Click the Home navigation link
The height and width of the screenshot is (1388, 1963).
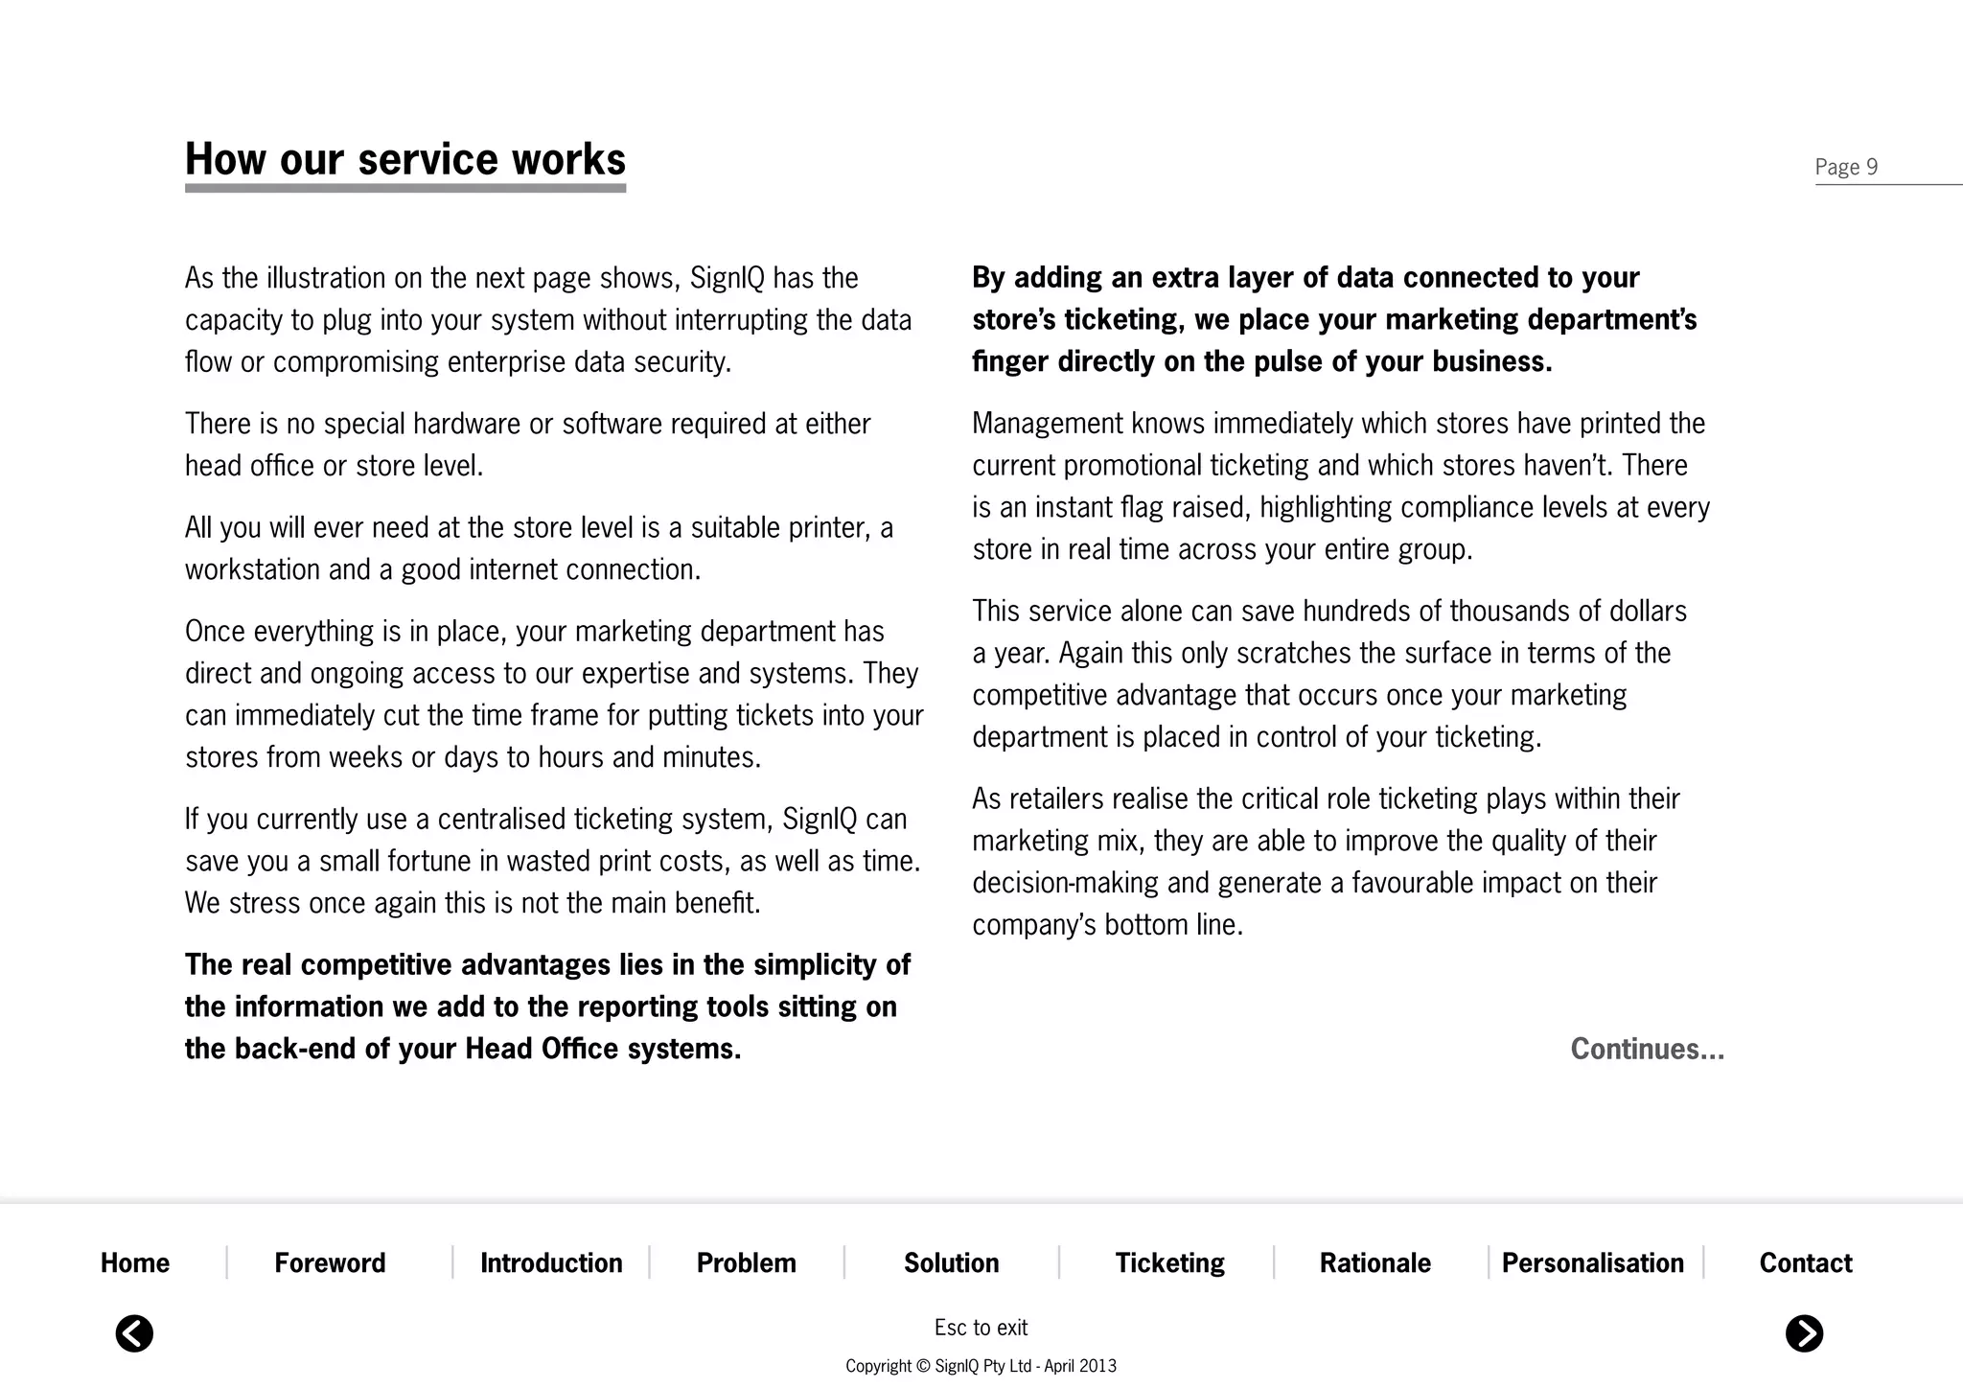click(135, 1263)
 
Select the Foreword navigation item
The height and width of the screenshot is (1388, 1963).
click(330, 1263)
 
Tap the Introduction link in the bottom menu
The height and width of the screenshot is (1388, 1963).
click(551, 1263)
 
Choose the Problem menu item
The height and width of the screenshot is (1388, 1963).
click(746, 1263)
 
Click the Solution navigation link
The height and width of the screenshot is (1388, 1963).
click(951, 1263)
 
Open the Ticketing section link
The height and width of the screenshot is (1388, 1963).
click(1169, 1263)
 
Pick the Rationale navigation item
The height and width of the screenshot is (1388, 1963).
click(1374, 1263)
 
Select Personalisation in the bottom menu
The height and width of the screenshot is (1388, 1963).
click(1592, 1263)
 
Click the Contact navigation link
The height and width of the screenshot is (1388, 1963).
click(1806, 1263)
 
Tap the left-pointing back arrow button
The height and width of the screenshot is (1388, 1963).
click(134, 1333)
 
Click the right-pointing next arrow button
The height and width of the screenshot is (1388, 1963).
click(1804, 1333)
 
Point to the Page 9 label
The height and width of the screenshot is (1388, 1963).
click(1846, 168)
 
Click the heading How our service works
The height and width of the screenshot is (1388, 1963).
click(404, 160)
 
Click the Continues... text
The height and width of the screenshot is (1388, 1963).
click(1647, 1049)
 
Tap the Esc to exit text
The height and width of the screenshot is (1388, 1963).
click(981, 1328)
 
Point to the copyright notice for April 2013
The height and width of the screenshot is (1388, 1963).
click(981, 1366)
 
